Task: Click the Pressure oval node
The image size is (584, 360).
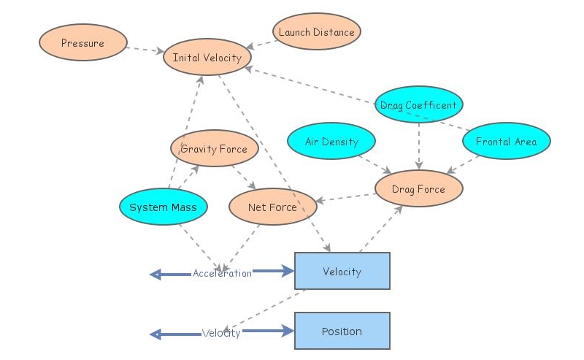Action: coord(82,43)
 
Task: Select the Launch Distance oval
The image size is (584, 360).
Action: coord(316,32)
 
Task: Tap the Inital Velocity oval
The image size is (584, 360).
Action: coord(207,58)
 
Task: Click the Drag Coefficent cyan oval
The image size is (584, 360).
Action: coord(418,105)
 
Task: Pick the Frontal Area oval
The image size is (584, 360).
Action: coord(506,142)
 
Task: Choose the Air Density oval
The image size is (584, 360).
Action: coord(331,142)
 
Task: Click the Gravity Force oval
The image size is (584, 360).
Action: coord(214,149)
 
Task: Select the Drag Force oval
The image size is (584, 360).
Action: coord(418,189)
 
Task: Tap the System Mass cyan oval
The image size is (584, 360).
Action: coord(163,207)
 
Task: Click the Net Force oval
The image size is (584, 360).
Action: coord(272,207)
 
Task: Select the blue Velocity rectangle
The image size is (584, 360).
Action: coord(342,272)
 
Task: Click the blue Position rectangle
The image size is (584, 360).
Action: coord(342,332)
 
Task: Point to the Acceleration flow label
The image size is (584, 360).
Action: coord(222,273)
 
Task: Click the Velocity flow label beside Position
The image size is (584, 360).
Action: coord(221,333)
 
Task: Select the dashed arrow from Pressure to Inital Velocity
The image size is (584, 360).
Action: coord(145,50)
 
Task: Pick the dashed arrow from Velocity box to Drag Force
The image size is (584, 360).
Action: coord(382,228)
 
